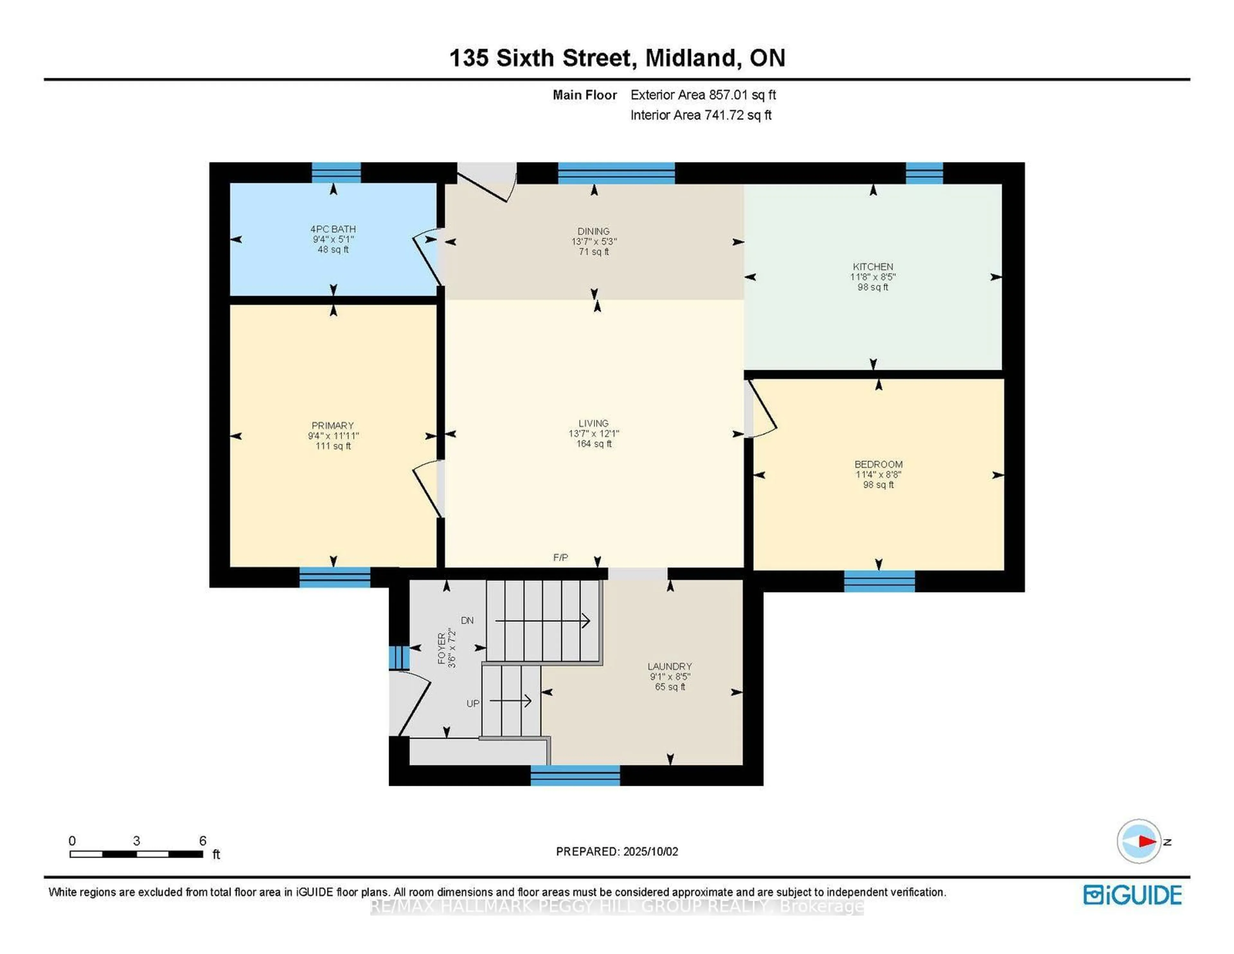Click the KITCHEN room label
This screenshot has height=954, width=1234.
coord(872,266)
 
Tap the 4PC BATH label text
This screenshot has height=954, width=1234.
coord(333,229)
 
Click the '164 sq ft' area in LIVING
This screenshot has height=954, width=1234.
coord(593,444)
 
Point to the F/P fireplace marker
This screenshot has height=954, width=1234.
coord(560,558)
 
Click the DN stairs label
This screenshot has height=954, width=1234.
coord(467,620)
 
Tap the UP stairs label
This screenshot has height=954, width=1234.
coord(472,703)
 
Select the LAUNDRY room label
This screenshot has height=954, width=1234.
coord(670,666)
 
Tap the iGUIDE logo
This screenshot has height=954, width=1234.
coord(1132,894)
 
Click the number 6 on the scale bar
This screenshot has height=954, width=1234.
coord(202,840)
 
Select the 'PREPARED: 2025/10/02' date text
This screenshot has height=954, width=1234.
coord(616,851)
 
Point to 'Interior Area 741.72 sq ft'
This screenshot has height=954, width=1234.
coord(701,115)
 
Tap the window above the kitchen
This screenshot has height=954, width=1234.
coord(924,173)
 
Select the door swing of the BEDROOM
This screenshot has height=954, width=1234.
coord(763,410)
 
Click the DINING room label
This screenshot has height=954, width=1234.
coord(593,231)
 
